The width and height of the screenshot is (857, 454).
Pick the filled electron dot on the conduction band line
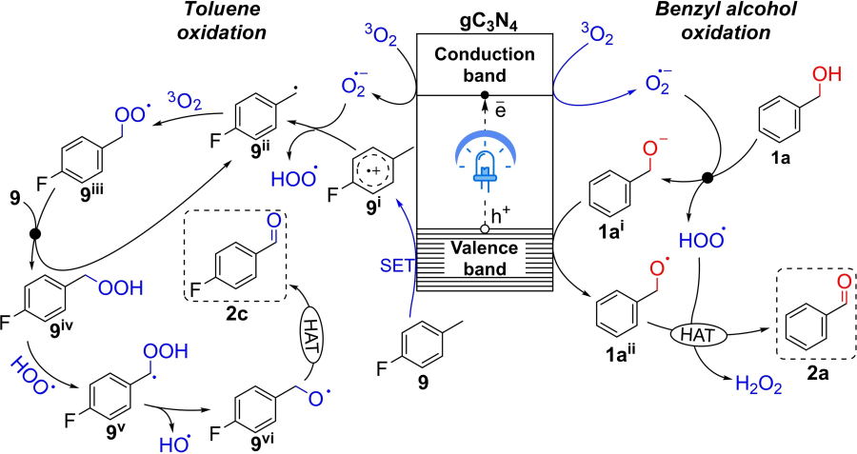click(485, 94)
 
